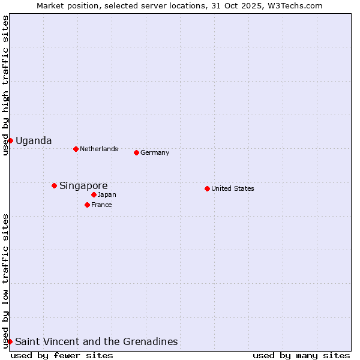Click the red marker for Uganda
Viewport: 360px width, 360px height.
tap(10, 140)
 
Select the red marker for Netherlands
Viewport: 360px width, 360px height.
tap(76, 149)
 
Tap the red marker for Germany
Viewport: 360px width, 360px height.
tap(136, 152)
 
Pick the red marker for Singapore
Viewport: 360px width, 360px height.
tap(54, 185)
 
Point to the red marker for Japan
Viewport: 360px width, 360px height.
tap(94, 194)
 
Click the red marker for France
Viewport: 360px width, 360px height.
tap(87, 205)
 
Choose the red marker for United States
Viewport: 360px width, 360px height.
tap(207, 188)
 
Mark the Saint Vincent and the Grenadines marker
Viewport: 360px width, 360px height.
tap(10, 341)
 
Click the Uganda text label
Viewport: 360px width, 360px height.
tap(34, 141)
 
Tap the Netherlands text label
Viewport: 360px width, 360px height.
tap(99, 149)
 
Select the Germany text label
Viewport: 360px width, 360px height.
tap(155, 152)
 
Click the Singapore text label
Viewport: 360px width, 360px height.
tap(83, 186)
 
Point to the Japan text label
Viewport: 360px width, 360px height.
tap(107, 194)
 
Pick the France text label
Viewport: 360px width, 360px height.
tap(101, 205)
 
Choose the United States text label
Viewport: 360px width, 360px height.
tap(233, 188)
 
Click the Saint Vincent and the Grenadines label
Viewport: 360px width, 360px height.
tap(97, 342)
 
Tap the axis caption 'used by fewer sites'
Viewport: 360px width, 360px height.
tap(62, 355)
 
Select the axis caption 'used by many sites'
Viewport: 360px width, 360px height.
tap(301, 355)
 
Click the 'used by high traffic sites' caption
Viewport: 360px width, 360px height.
tap(5, 85)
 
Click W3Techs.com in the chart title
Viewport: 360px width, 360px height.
tap(295, 5)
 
